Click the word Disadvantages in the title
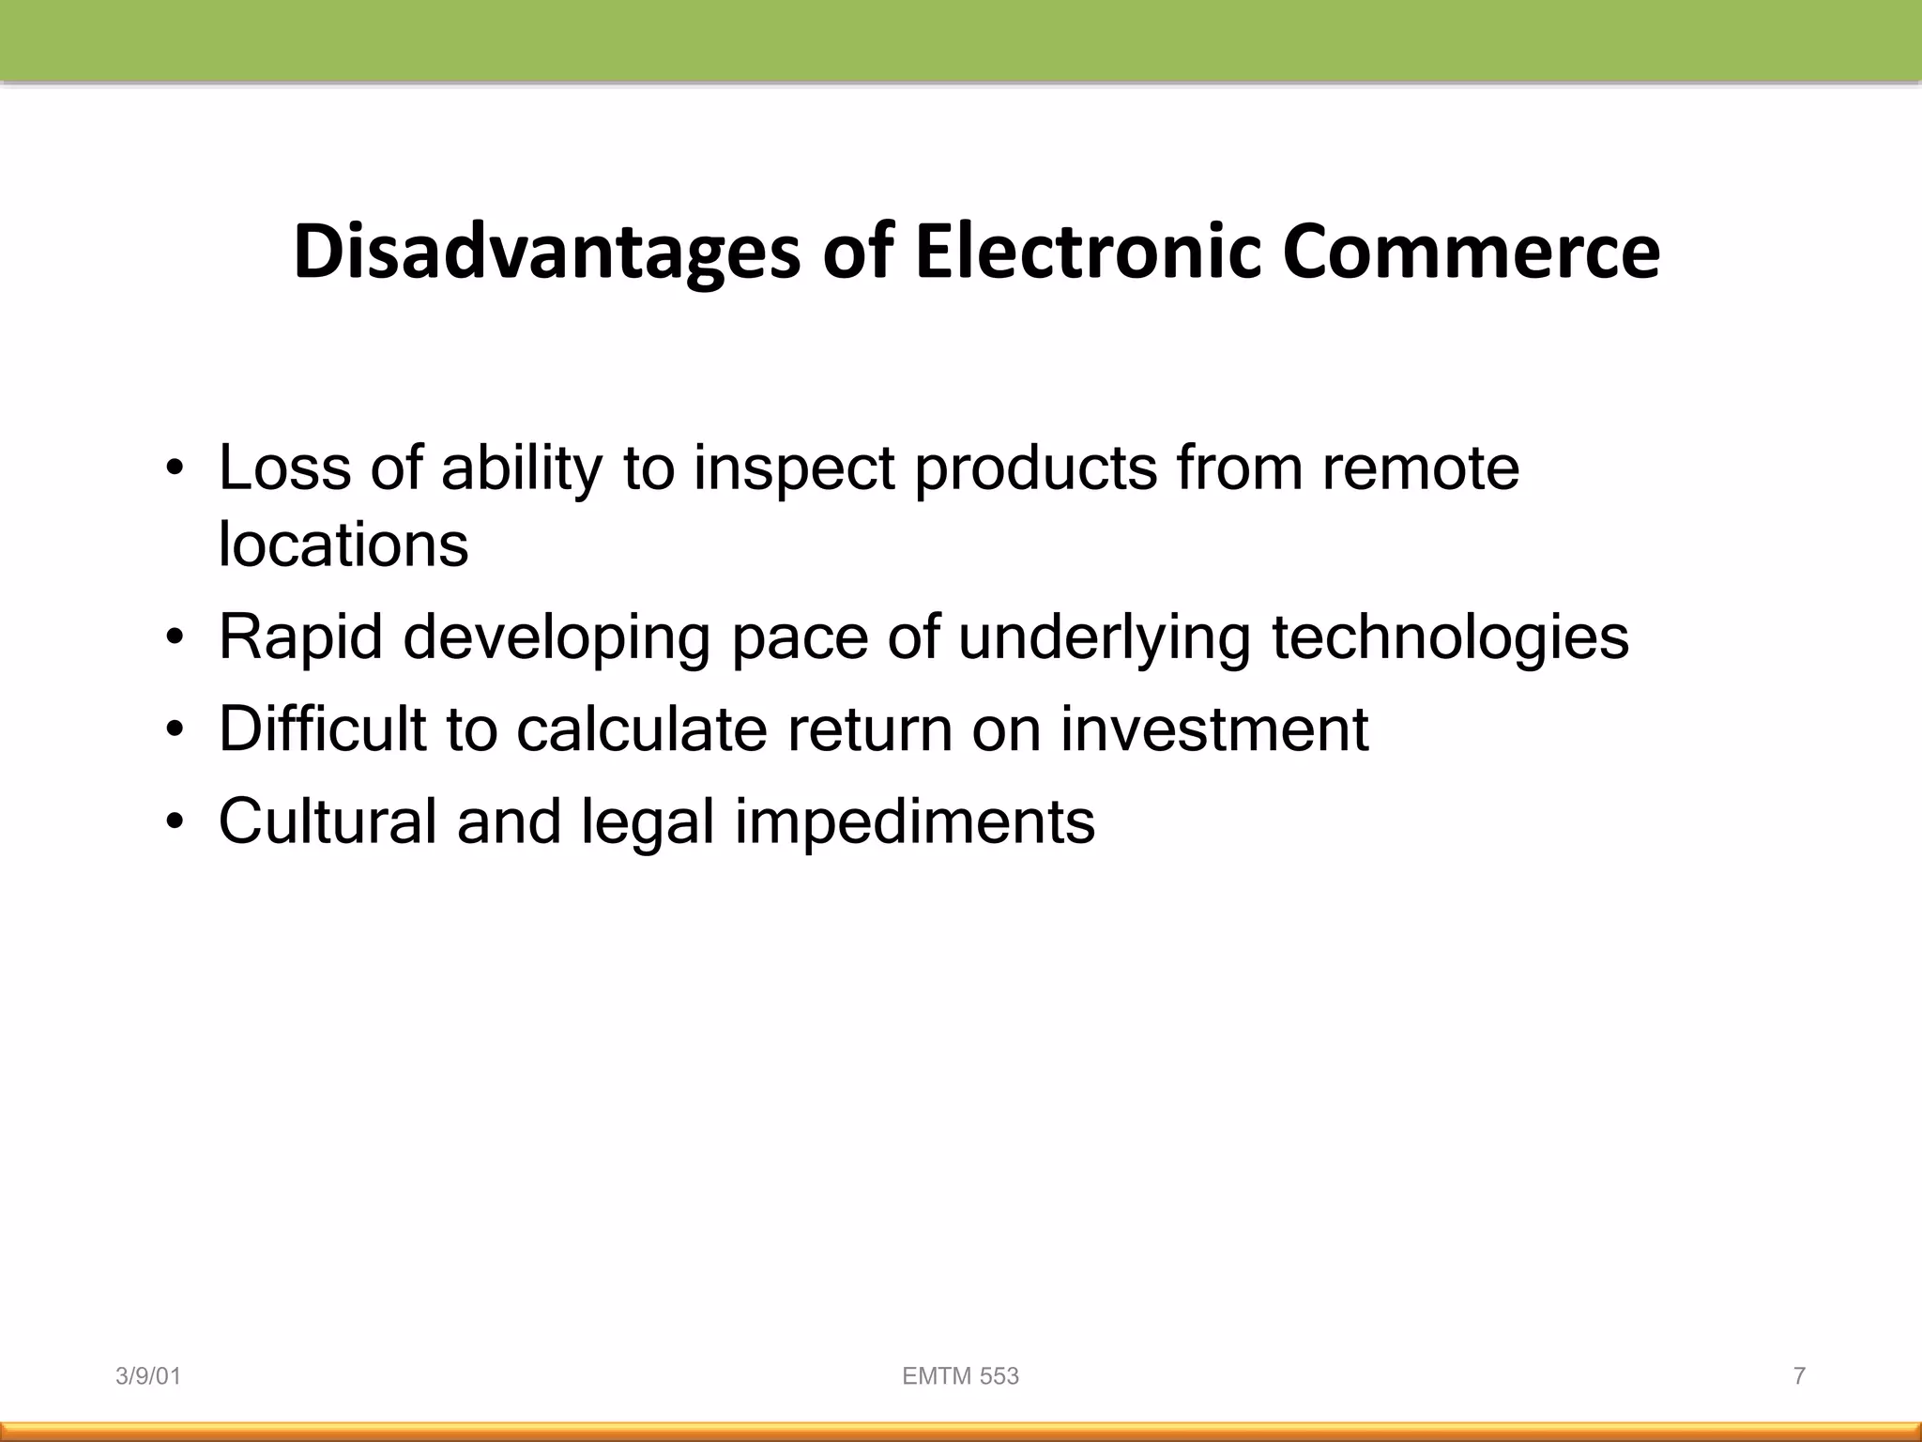[x=546, y=253]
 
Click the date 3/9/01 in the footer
[x=148, y=1376]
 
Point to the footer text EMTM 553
[x=960, y=1376]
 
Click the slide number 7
[x=1799, y=1376]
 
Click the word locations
[x=343, y=544]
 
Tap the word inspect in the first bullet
[x=794, y=468]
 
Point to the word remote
[x=1420, y=468]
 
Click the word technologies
[x=1450, y=637]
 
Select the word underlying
[x=1104, y=637]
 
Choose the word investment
[x=1214, y=729]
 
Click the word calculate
[x=641, y=729]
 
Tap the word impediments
[x=914, y=821]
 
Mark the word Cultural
[x=328, y=821]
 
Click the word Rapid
[x=300, y=637]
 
